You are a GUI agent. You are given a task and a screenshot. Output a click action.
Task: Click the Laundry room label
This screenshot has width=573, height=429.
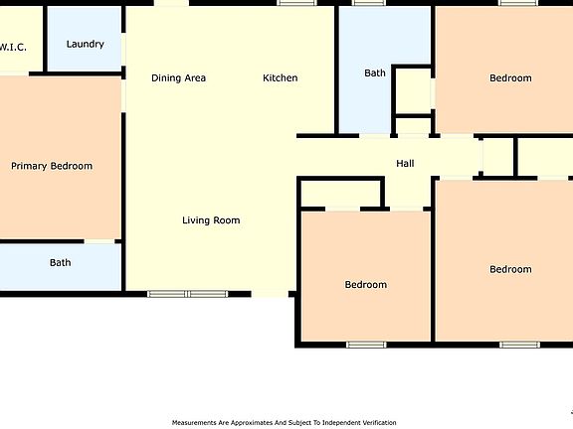pyautogui.click(x=85, y=44)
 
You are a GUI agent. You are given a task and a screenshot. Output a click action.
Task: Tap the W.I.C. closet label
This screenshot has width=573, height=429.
pyautogui.click(x=12, y=47)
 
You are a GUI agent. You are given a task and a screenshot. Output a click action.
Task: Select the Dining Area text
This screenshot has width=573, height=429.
pyautogui.click(x=178, y=77)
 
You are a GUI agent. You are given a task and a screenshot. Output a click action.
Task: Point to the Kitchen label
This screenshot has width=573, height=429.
pyautogui.click(x=280, y=77)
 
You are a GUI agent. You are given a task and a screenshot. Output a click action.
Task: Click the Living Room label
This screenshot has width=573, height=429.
pyautogui.click(x=211, y=220)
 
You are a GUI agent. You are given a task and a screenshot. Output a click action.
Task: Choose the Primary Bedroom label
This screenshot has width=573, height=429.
pyautogui.click(x=52, y=166)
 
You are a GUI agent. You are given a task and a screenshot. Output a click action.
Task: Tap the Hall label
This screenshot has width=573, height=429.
pyautogui.click(x=405, y=164)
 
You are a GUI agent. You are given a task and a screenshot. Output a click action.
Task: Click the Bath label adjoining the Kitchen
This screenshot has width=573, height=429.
pyautogui.click(x=374, y=72)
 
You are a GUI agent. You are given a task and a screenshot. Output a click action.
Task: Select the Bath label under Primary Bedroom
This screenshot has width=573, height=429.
pyautogui.click(x=61, y=263)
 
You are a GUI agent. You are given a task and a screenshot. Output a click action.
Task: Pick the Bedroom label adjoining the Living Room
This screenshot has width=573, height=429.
pyautogui.click(x=365, y=285)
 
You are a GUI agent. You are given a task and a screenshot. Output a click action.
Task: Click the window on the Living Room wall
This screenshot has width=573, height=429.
pyautogui.click(x=187, y=294)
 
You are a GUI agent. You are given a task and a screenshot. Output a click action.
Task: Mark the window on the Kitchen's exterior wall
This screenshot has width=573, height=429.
pyautogui.click(x=296, y=3)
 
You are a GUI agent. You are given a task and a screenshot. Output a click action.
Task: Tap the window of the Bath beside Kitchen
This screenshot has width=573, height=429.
pyautogui.click(x=369, y=3)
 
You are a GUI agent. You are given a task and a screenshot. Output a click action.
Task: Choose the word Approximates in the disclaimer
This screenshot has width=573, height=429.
pyautogui.click(x=249, y=422)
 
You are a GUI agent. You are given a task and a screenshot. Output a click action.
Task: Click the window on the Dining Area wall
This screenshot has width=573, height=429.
pyautogui.click(x=171, y=3)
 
